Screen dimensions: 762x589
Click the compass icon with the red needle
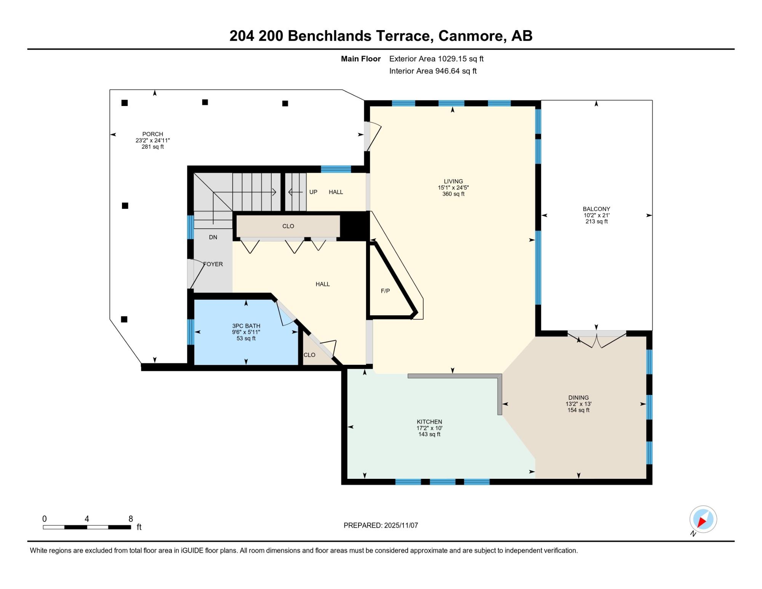(x=703, y=519)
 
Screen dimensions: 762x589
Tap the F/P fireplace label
(x=385, y=291)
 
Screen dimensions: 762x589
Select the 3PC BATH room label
(x=246, y=326)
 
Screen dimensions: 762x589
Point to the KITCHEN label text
(x=429, y=422)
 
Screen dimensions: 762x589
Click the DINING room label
(x=578, y=398)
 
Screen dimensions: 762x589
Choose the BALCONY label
(x=596, y=209)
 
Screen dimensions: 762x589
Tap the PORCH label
(x=152, y=134)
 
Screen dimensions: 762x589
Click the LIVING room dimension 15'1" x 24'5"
(x=453, y=188)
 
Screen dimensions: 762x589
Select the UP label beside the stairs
(x=313, y=192)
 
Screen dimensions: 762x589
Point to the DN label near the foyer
(x=213, y=237)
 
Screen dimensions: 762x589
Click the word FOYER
(x=213, y=264)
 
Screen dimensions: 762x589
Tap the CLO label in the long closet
(x=288, y=226)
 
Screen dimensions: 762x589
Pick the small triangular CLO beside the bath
(x=309, y=355)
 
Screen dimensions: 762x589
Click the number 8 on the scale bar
(x=131, y=519)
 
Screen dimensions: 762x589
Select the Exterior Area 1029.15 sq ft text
(x=436, y=59)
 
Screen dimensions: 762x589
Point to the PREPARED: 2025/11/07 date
(x=381, y=525)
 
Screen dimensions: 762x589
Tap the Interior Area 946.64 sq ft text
(x=433, y=71)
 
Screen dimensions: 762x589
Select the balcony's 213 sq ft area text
(x=596, y=221)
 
